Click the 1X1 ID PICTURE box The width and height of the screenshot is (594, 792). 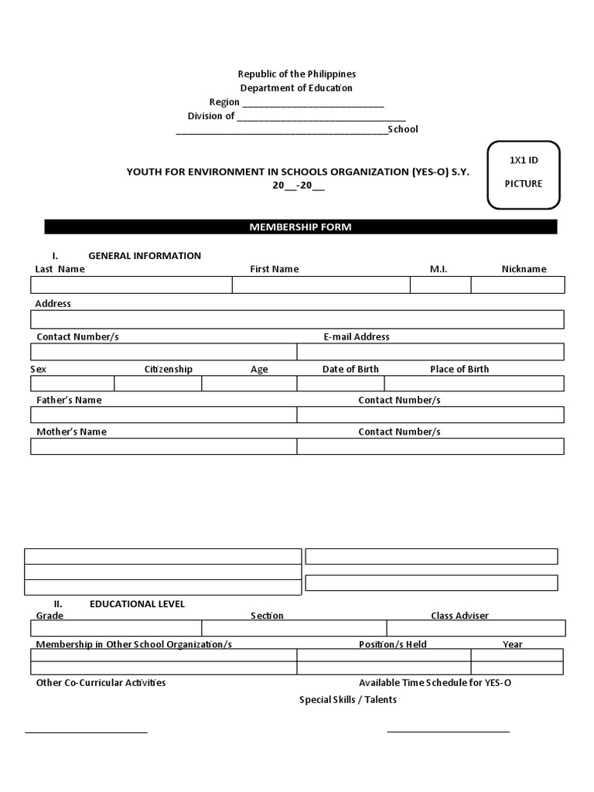pyautogui.click(x=524, y=175)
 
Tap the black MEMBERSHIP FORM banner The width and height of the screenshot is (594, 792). pyautogui.click(x=300, y=227)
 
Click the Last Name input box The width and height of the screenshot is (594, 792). pyautogui.click(x=131, y=285)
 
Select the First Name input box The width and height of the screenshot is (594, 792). pyautogui.click(x=321, y=285)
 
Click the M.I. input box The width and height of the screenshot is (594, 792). pyautogui.click(x=440, y=285)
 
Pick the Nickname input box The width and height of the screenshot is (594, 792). pyautogui.click(x=517, y=285)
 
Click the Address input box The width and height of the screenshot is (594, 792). pyautogui.click(x=297, y=319)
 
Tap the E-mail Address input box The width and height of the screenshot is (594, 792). pyautogui.click(x=430, y=352)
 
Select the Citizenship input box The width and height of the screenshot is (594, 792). pyautogui.click(x=158, y=384)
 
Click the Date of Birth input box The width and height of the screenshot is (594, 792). pyautogui.click(x=340, y=384)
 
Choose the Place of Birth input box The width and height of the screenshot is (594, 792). pyautogui.click(x=473, y=384)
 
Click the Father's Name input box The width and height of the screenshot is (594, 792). pyautogui.click(x=164, y=415)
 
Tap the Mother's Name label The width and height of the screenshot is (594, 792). pyautogui.click(x=72, y=432)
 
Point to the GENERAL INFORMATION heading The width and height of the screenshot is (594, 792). pyautogui.click(x=145, y=256)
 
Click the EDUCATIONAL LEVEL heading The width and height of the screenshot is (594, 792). pyautogui.click(x=137, y=604)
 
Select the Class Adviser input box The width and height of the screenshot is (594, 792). pyautogui.click(x=476, y=628)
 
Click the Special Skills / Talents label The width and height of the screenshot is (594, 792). pyautogui.click(x=348, y=700)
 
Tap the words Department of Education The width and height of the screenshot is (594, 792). pyautogui.click(x=296, y=88)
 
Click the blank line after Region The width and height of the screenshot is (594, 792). pyautogui.click(x=313, y=103)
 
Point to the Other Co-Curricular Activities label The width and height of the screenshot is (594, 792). pyautogui.click(x=101, y=683)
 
